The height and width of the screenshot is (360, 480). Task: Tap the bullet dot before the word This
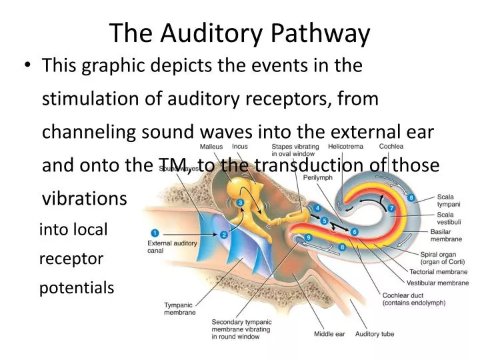click(28, 66)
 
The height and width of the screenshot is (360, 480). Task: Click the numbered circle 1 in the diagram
click(155, 233)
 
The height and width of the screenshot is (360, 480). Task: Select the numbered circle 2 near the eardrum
click(224, 235)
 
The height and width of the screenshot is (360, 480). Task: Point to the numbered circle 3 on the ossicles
click(240, 202)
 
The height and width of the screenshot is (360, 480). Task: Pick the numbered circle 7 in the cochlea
click(392, 209)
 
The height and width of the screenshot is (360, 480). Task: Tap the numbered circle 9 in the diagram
click(308, 237)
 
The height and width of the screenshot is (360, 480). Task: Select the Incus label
click(240, 147)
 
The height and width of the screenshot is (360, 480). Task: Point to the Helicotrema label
click(345, 147)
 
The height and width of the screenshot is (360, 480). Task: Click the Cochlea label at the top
click(390, 147)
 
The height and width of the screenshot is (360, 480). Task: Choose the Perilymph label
click(318, 178)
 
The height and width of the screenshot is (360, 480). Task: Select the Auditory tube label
click(375, 334)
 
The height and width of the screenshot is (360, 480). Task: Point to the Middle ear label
click(328, 334)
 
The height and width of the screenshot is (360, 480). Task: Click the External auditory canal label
click(172, 247)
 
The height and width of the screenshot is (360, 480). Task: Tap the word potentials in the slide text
click(77, 288)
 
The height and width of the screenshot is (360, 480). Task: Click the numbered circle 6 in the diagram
click(355, 231)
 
